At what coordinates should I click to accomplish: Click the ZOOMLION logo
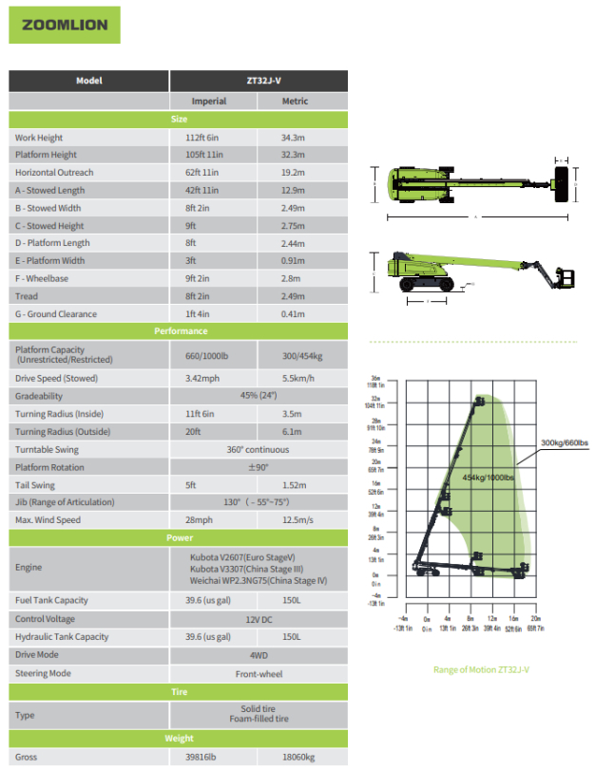[x=65, y=26]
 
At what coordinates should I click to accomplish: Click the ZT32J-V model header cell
[x=259, y=81]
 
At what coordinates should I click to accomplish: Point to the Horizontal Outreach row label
[x=54, y=173]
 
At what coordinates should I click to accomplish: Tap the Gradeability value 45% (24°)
[x=259, y=396]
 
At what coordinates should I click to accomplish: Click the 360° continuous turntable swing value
[x=259, y=450]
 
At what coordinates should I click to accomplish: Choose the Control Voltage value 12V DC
[x=259, y=619]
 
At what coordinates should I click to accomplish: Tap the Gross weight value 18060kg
[x=300, y=758]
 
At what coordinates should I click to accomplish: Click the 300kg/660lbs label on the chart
[x=565, y=443]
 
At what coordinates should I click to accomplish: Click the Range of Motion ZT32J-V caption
[x=481, y=669]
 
